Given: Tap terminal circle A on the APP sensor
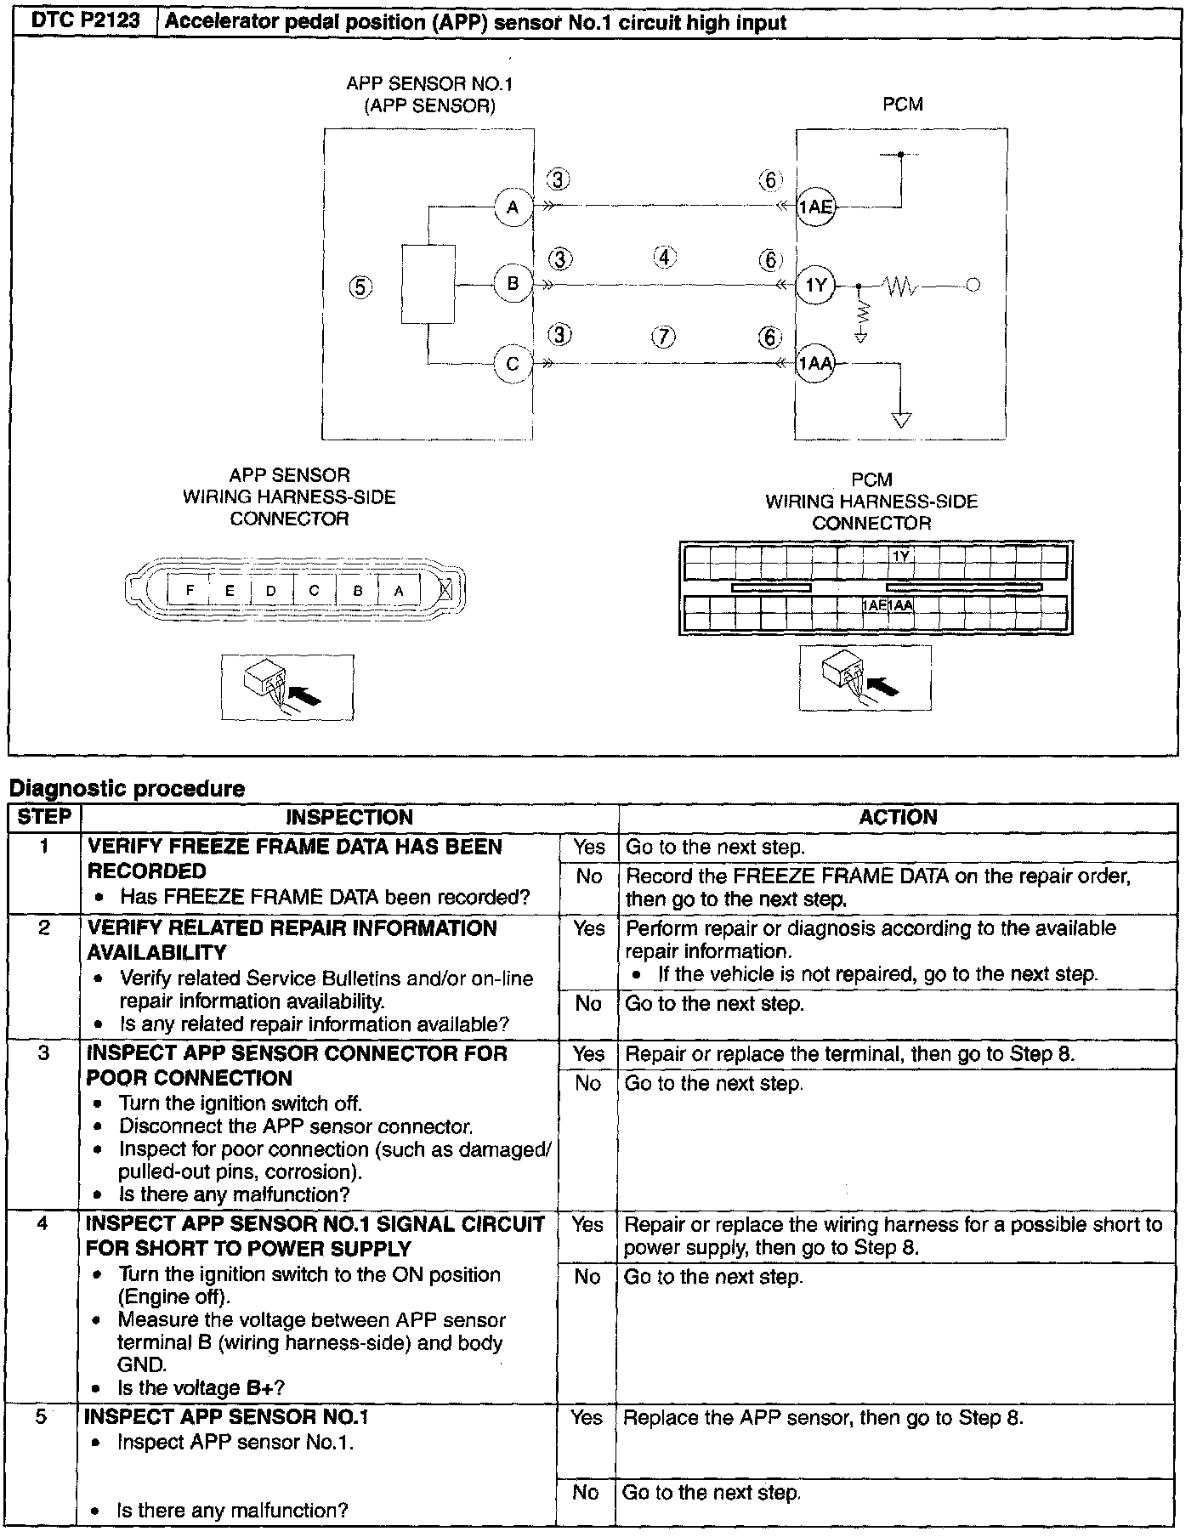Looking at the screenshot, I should point(513,207).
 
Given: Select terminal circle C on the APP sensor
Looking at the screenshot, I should point(513,365).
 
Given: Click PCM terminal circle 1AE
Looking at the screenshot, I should point(816,207).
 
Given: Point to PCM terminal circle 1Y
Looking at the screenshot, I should point(816,286).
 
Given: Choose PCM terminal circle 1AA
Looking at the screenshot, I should point(816,365).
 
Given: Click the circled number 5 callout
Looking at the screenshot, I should point(360,287).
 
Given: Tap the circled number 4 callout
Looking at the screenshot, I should point(664,257).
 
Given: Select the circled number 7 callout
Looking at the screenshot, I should point(664,337).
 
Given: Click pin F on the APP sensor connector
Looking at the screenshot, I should point(190,590).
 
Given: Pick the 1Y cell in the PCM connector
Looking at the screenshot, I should point(901,556).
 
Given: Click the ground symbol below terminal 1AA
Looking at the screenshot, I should point(902,420).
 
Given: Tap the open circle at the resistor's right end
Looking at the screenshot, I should point(973,286).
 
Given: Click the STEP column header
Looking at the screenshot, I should point(44,817).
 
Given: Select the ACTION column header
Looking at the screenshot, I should point(897,818).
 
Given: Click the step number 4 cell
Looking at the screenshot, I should point(43,1224).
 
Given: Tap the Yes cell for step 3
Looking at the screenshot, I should point(588,1054).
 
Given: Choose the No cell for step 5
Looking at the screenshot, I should point(586,1492).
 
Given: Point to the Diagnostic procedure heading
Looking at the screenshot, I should point(127,789).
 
